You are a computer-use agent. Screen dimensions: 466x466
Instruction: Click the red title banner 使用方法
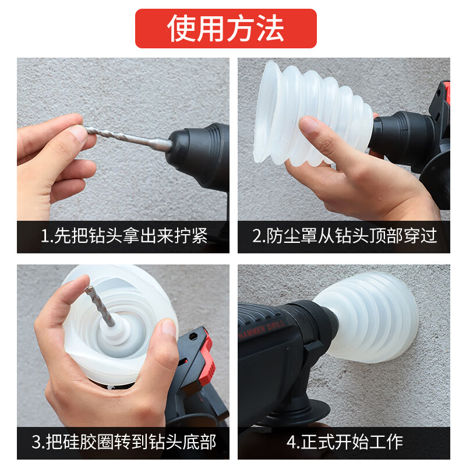(226, 28)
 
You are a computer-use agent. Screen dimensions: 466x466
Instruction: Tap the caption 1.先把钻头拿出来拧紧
(123, 236)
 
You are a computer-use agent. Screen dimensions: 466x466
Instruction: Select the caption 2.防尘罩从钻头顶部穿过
(344, 236)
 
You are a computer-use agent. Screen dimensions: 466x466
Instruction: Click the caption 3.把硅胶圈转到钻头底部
(123, 442)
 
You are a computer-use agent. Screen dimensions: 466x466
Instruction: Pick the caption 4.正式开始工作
(344, 442)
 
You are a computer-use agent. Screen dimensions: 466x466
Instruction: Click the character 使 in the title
(181, 28)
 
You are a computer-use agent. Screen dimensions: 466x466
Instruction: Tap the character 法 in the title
(271, 28)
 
